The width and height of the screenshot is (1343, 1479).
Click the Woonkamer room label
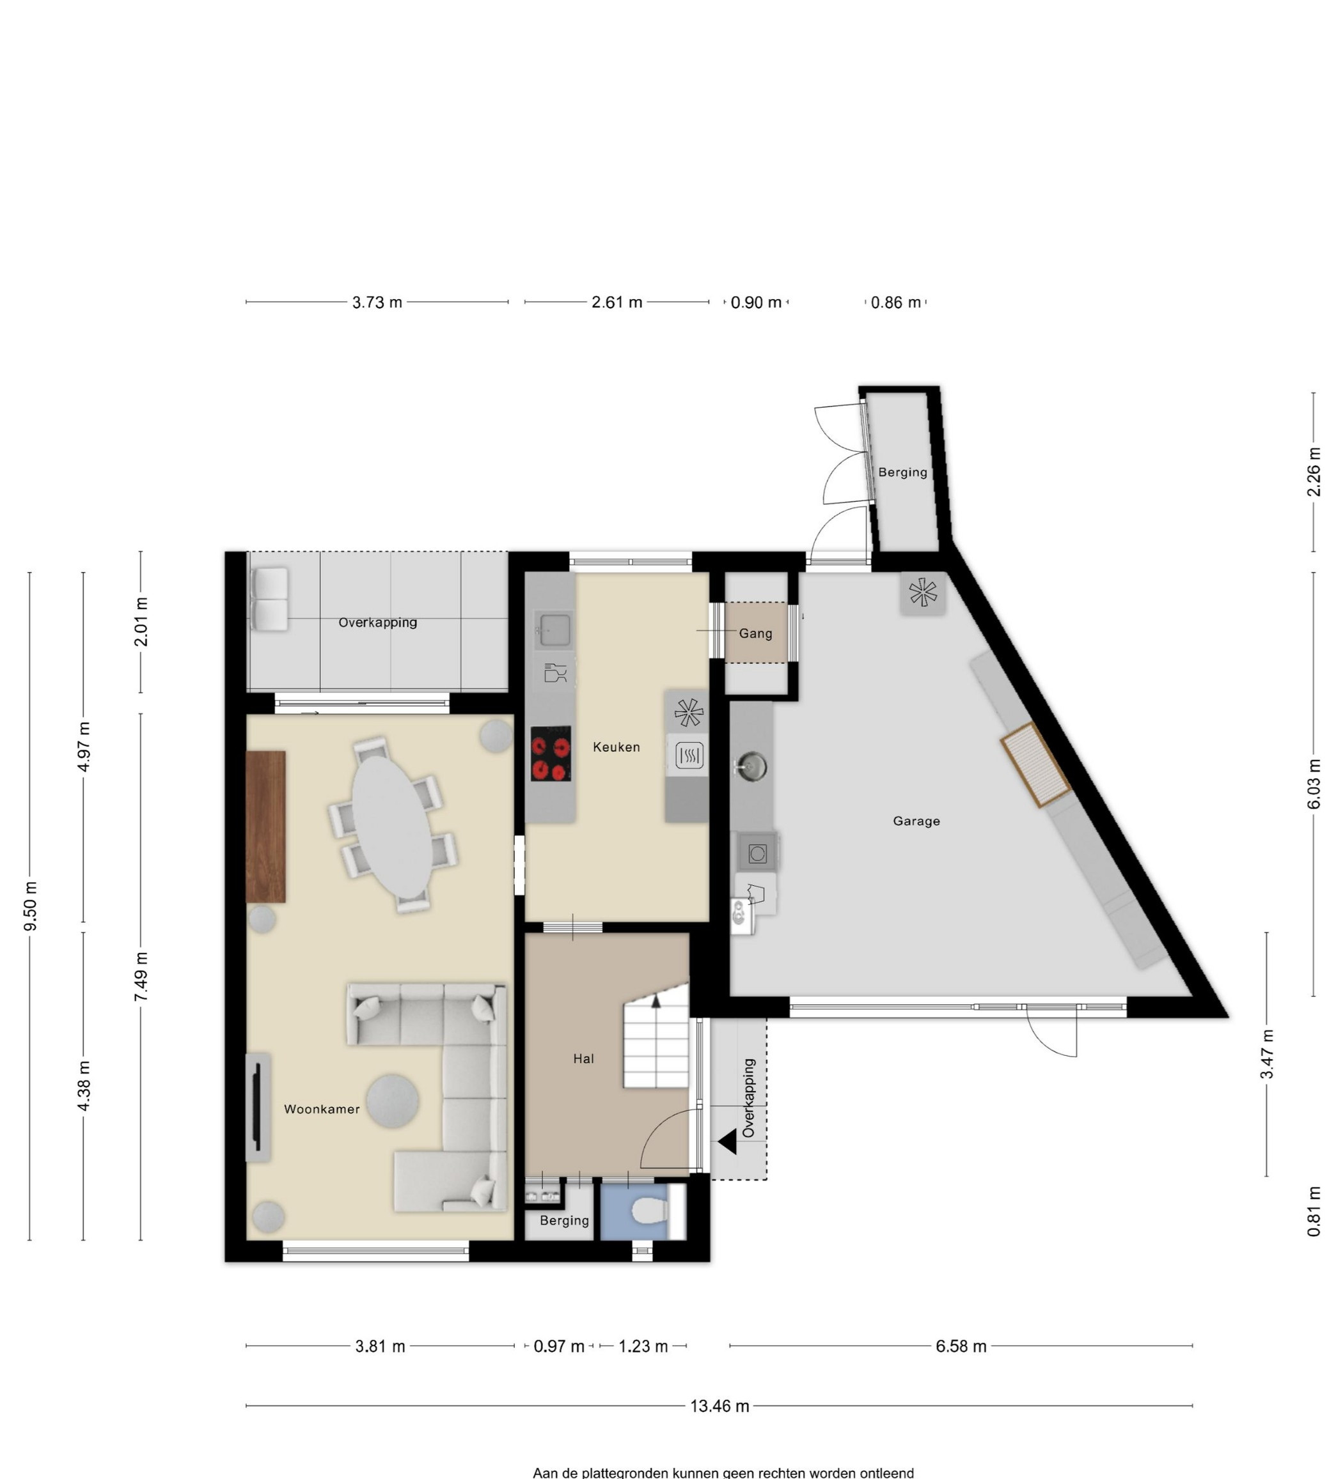click(322, 1110)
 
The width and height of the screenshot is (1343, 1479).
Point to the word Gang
click(755, 633)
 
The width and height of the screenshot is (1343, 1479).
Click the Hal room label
click(583, 1058)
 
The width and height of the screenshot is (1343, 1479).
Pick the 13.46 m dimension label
click(719, 1405)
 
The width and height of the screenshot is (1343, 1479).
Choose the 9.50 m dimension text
click(30, 906)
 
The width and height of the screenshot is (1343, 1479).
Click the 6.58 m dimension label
click(961, 1346)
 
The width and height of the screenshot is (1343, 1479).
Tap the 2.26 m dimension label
click(1314, 472)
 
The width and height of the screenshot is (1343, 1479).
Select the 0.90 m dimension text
click(756, 302)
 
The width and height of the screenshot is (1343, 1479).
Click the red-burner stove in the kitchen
click(551, 753)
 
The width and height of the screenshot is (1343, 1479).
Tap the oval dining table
click(392, 826)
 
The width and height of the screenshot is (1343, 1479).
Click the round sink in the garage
click(751, 766)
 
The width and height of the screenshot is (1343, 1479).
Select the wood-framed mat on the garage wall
click(1035, 764)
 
